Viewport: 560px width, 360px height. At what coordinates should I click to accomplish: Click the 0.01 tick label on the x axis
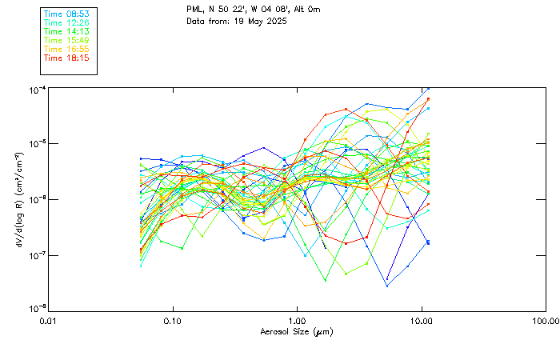pos(48,321)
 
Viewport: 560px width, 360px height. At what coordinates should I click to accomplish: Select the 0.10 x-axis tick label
pos(172,321)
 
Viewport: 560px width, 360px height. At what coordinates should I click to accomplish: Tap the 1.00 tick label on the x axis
pos(297,321)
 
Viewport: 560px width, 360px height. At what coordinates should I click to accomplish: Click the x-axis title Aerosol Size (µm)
pos(296,331)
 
